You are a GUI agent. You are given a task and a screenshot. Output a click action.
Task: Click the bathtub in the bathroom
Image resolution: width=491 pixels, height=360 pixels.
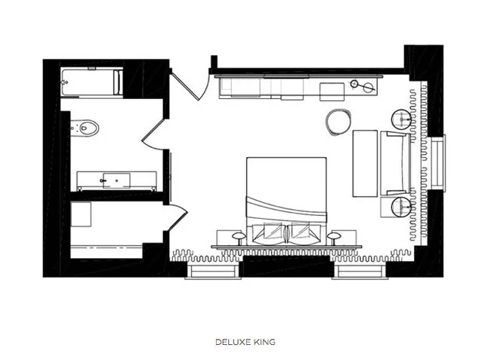[x=91, y=82]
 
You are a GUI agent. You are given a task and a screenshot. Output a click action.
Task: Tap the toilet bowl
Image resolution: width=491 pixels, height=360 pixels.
[x=88, y=128]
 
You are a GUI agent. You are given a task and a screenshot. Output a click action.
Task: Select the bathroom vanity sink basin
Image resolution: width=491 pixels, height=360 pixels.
[x=116, y=180]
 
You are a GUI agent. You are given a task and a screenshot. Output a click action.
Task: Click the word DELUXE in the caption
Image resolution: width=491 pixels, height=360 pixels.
[x=232, y=342]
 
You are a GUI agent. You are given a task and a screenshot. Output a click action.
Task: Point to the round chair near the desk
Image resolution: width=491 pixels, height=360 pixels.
[x=338, y=122]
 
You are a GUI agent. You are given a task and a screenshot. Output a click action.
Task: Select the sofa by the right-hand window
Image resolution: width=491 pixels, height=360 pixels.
[x=396, y=163]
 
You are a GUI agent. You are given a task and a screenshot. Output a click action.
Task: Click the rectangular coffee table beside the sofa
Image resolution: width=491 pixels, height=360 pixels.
[x=365, y=163]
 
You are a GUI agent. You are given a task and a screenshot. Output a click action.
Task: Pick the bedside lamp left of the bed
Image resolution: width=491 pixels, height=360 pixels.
[x=239, y=237]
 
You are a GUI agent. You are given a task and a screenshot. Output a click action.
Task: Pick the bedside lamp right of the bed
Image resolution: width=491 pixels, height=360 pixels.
[x=334, y=237]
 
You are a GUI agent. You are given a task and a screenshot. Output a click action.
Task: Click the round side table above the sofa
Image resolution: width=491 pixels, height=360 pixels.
[x=401, y=119]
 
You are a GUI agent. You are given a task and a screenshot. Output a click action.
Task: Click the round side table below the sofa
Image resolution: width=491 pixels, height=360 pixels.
[x=401, y=207]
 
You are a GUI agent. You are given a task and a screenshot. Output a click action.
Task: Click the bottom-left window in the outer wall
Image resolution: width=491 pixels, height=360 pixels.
[x=213, y=271]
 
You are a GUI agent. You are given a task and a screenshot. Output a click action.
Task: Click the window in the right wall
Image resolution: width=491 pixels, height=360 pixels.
[x=438, y=162]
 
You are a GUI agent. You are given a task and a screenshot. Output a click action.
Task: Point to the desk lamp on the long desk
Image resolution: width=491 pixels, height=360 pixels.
[x=363, y=85]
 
